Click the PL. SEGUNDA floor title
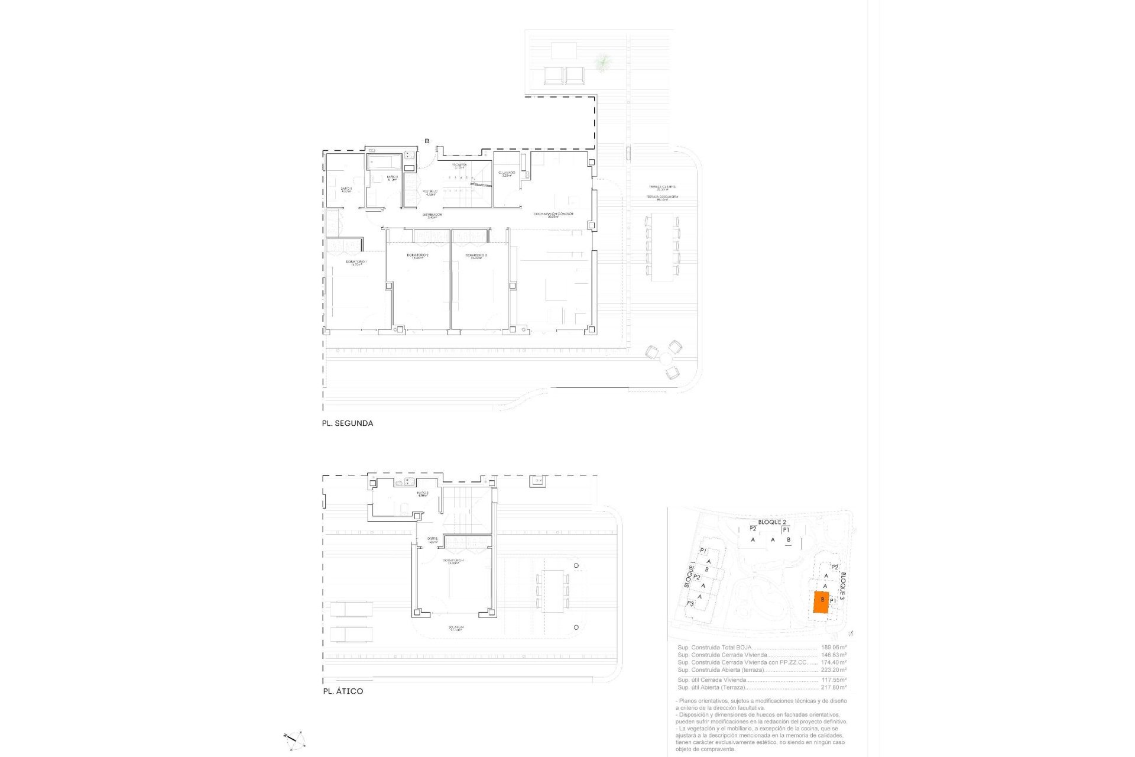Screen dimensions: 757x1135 347,423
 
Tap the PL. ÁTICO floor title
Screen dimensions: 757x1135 343,691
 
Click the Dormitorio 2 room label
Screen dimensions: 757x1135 417,256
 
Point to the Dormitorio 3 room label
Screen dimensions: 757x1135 478,256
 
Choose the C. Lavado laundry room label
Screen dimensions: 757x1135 507,174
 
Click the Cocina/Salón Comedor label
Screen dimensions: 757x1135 553,215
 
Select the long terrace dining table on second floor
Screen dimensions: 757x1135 662,247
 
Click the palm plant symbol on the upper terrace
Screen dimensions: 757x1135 602,62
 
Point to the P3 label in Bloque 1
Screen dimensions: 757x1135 690,604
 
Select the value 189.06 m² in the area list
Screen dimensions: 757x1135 834,648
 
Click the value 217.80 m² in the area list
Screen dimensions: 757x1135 834,687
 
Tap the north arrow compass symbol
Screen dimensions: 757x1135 294,739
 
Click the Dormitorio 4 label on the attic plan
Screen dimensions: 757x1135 453,561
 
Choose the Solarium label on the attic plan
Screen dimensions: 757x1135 455,629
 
